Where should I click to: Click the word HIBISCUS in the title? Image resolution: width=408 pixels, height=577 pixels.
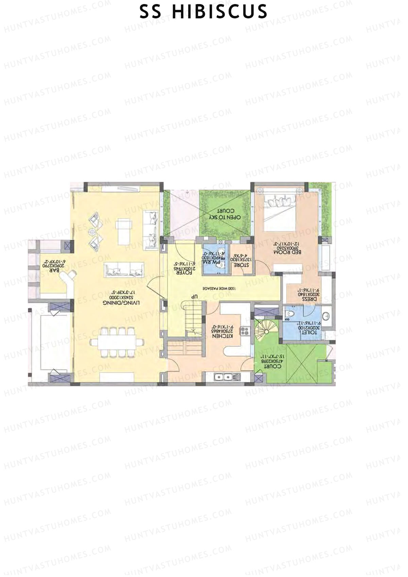[x=220, y=12]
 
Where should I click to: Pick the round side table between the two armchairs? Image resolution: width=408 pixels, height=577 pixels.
[x=92, y=232]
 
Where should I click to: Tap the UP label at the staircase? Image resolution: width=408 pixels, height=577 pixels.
[x=194, y=296]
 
